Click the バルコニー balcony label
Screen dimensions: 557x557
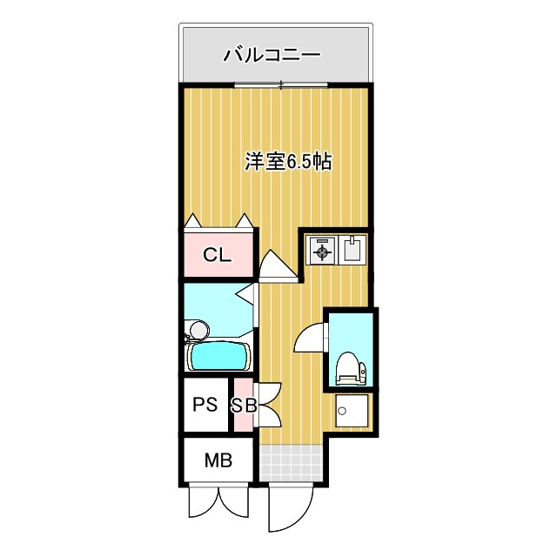(x=272, y=56)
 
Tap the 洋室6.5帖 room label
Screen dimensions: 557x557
(x=288, y=161)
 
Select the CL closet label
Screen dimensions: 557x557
(x=217, y=255)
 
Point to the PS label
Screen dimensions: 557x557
(x=205, y=404)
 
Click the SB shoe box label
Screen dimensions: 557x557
(x=243, y=405)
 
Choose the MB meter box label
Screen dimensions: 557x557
(x=218, y=460)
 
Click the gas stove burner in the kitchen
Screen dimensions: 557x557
(x=322, y=252)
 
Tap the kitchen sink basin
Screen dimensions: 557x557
(x=352, y=252)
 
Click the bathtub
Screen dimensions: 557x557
(x=219, y=355)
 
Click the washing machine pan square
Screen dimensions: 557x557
(x=353, y=413)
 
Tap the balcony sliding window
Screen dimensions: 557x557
(x=281, y=85)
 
